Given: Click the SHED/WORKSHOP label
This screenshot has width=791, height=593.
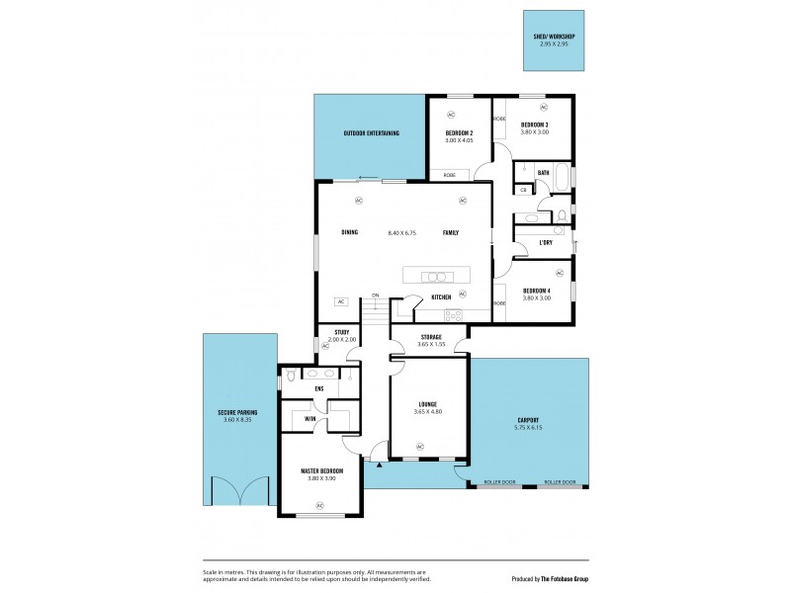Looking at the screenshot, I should [x=554, y=37].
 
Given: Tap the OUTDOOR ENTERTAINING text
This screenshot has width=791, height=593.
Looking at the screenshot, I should [x=371, y=132].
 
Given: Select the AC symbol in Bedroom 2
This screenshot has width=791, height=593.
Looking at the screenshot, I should [x=451, y=115].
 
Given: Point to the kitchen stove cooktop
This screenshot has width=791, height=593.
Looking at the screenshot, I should [x=453, y=314].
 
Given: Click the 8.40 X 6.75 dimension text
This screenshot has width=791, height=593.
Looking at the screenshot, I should [x=401, y=232].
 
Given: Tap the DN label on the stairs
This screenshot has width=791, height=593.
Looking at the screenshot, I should [x=376, y=296].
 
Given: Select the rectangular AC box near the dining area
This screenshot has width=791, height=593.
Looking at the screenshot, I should [x=340, y=301].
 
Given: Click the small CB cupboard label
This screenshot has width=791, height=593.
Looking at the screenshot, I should [x=523, y=189].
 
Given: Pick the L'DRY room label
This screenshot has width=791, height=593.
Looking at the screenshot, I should [x=545, y=242].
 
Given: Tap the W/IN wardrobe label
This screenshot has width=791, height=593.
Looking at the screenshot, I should [x=309, y=418].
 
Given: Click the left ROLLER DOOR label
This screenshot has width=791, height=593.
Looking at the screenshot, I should [x=499, y=482].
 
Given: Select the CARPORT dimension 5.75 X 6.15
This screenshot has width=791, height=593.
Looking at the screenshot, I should [x=529, y=427].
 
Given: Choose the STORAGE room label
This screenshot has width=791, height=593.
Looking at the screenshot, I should [x=430, y=337].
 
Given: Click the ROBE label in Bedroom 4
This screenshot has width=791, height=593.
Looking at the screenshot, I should [x=499, y=302].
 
